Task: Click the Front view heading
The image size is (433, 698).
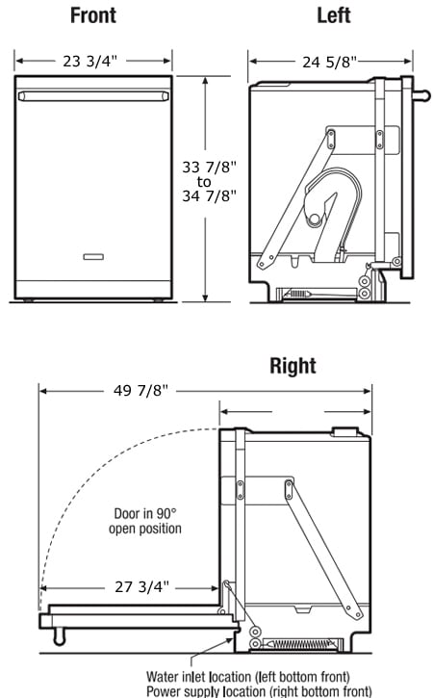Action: click(93, 15)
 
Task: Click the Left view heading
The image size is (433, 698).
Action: click(334, 15)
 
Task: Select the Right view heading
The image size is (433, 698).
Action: click(293, 366)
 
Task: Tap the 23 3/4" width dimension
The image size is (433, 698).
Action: click(89, 61)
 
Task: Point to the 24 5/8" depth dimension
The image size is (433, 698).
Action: click(329, 62)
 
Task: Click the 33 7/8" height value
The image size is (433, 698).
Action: click(209, 167)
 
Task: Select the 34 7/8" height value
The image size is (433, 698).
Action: click(209, 195)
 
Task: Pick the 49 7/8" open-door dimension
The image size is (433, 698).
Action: click(140, 391)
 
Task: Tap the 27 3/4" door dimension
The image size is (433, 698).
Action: click(142, 586)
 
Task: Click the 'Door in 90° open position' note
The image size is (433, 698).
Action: click(145, 521)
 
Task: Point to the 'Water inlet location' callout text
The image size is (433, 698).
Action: click(248, 677)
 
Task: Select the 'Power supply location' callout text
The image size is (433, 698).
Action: click(259, 691)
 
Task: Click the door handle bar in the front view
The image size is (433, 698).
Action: click(93, 96)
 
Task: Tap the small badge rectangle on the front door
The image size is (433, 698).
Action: click(93, 256)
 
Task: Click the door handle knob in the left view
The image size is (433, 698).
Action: click(421, 95)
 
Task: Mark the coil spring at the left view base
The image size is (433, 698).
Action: click(297, 294)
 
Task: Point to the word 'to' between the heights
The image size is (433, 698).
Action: click(204, 182)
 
